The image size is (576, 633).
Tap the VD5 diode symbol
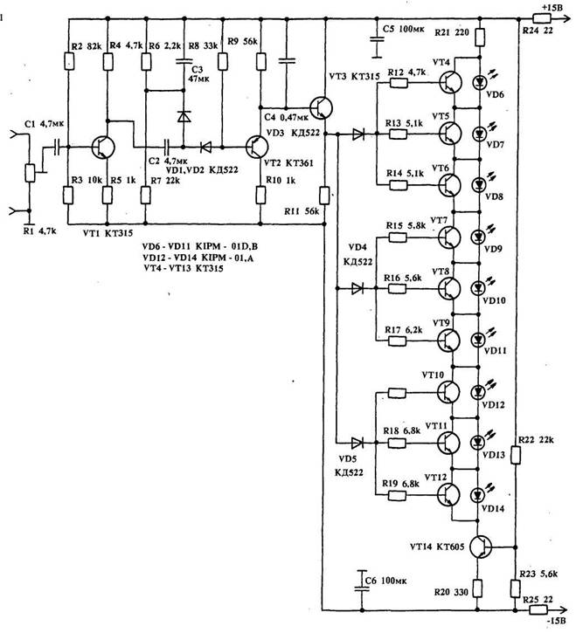[x=357, y=442]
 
